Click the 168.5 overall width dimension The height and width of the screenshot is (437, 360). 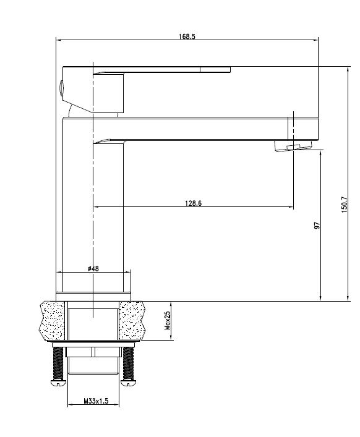tap(186, 37)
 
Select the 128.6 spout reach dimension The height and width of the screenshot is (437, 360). tap(192, 203)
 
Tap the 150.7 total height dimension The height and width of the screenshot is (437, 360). tap(345, 204)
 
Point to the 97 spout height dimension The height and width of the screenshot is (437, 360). tap(317, 225)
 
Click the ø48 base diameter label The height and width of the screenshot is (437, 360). tap(94, 268)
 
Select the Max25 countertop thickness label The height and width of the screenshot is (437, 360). tap(168, 321)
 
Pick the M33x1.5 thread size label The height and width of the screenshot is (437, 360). tap(96, 401)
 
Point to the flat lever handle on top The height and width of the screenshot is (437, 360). tap(161, 69)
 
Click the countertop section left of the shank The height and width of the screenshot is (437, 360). tap(53, 320)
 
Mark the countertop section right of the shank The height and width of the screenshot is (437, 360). tap(132, 320)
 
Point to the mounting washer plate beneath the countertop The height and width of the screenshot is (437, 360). tap(93, 344)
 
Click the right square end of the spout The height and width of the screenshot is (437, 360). tap(304, 128)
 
